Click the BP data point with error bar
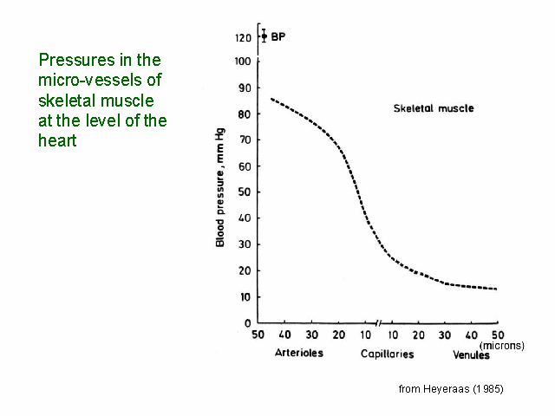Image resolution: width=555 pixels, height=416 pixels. point(264,36)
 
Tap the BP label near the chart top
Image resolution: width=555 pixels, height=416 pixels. point(278,36)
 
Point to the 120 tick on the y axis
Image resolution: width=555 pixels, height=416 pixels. point(243,38)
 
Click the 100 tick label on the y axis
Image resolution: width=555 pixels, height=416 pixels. point(243,62)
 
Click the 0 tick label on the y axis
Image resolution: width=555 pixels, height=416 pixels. point(249,322)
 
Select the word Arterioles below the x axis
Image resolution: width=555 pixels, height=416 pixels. point(299,354)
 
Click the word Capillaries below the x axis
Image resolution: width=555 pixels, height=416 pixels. point(388,354)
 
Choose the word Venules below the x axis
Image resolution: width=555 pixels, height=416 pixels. point(472,354)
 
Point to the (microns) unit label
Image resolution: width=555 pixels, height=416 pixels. point(501,345)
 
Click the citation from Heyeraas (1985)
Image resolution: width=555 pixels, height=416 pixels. point(451,389)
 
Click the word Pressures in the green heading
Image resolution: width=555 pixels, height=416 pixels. point(70,61)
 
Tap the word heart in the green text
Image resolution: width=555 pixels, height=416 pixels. point(57,140)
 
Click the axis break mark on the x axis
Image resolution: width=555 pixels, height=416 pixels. point(379,322)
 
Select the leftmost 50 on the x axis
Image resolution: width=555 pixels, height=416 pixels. point(258,335)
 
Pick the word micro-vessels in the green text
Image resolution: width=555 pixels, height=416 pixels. point(89,81)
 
